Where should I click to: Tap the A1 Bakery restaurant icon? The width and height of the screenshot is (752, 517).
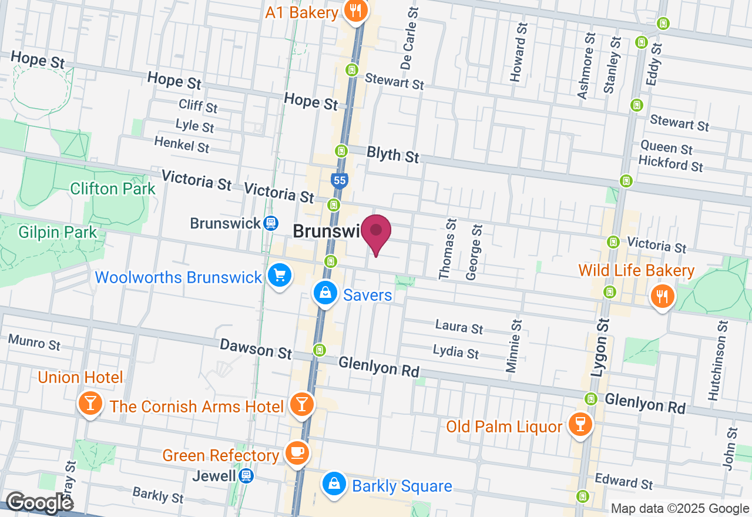pos(355,11)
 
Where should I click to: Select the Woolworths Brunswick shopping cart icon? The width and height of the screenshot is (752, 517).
pos(279,276)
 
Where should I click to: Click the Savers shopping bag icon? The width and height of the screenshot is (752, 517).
pos(324,292)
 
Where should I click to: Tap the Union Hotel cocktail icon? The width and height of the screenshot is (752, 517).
pos(90,404)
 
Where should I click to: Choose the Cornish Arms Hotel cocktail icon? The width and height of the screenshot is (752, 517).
pos(302,404)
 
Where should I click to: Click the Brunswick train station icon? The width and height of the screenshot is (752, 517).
pos(270,223)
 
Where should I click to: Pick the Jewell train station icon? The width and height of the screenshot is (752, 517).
pos(246,475)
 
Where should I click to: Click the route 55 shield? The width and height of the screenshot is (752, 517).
pos(339,180)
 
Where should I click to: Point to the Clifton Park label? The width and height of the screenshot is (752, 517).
pos(112,189)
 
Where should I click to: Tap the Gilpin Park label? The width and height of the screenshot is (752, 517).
pos(58,233)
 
